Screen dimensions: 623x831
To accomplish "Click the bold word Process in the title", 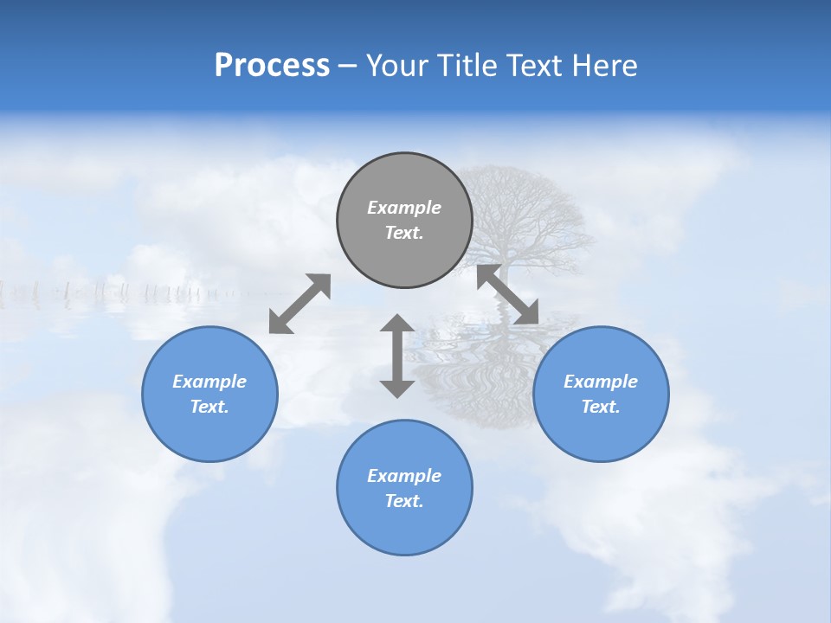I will coord(272,66).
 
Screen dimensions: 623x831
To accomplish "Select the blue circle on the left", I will coord(209,433).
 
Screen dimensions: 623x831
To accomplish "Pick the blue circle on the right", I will coord(601,433).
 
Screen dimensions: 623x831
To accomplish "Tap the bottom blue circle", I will coord(404,528).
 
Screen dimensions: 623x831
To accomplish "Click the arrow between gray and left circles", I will coord(300,303).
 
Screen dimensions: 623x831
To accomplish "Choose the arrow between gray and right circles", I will coord(508,294).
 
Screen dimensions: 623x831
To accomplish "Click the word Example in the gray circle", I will coord(404,208).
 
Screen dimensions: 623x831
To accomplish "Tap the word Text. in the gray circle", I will coord(404,233).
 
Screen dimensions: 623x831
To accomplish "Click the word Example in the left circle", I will coord(209,382).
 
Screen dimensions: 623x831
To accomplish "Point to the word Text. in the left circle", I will coord(209,407).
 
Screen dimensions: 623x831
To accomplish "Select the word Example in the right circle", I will coord(601,382).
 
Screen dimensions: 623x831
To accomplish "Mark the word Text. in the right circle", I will coord(601,407).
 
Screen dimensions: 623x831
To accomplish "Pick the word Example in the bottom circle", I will coord(404,476).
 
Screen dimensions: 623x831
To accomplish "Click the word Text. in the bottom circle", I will coord(404,501).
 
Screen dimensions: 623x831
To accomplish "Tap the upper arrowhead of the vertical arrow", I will coord(397,324).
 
